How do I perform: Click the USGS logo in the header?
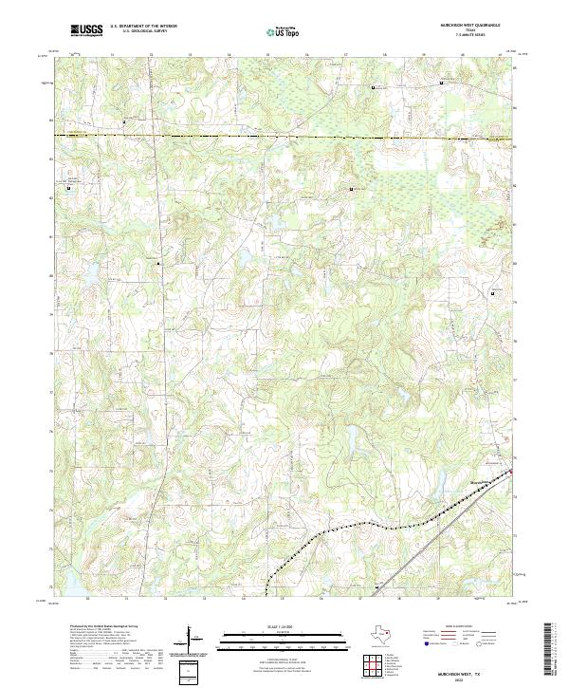point(86,30)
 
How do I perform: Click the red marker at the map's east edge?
point(511,472)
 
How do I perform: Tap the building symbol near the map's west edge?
point(68,187)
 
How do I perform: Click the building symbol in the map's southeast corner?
point(376,586)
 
